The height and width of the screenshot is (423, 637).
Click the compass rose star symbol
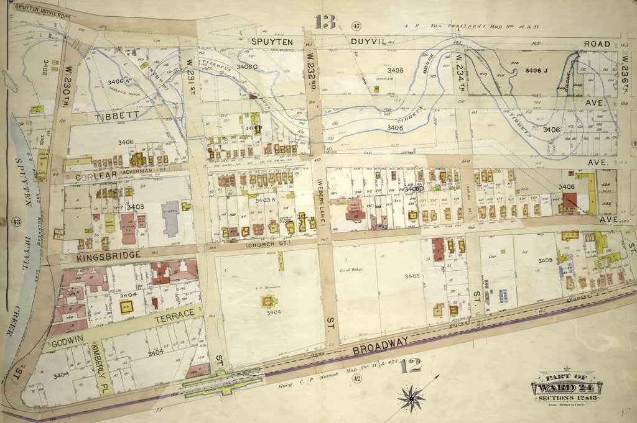(x=411, y=396)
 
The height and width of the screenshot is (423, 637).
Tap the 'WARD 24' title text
(x=565, y=388)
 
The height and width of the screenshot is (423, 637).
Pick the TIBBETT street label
(x=115, y=116)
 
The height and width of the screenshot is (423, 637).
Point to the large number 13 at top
(x=325, y=22)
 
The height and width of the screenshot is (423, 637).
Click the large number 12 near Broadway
(x=411, y=365)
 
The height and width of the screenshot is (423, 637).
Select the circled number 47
(x=356, y=25)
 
